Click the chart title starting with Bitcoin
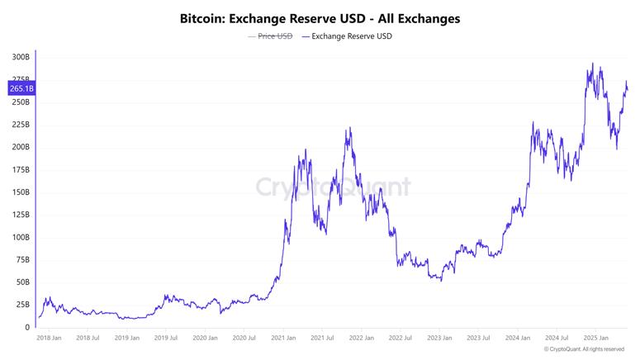click(x=320, y=18)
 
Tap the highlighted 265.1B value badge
click(x=21, y=88)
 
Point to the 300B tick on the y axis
click(x=21, y=58)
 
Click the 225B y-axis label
click(x=21, y=125)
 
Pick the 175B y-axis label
click(x=21, y=170)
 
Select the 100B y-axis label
click(x=21, y=238)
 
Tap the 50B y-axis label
click(x=22, y=282)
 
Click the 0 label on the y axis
click(x=27, y=328)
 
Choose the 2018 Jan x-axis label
click(x=49, y=338)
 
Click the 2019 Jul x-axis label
click(x=166, y=338)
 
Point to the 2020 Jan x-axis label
click(x=205, y=338)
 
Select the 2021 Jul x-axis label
click(x=322, y=338)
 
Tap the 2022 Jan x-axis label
click(x=361, y=338)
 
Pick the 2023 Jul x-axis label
click(x=478, y=338)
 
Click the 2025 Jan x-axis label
click(x=595, y=338)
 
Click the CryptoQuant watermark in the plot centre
click(x=332, y=187)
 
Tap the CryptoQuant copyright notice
click(x=584, y=349)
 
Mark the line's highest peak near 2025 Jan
click(x=592, y=64)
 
